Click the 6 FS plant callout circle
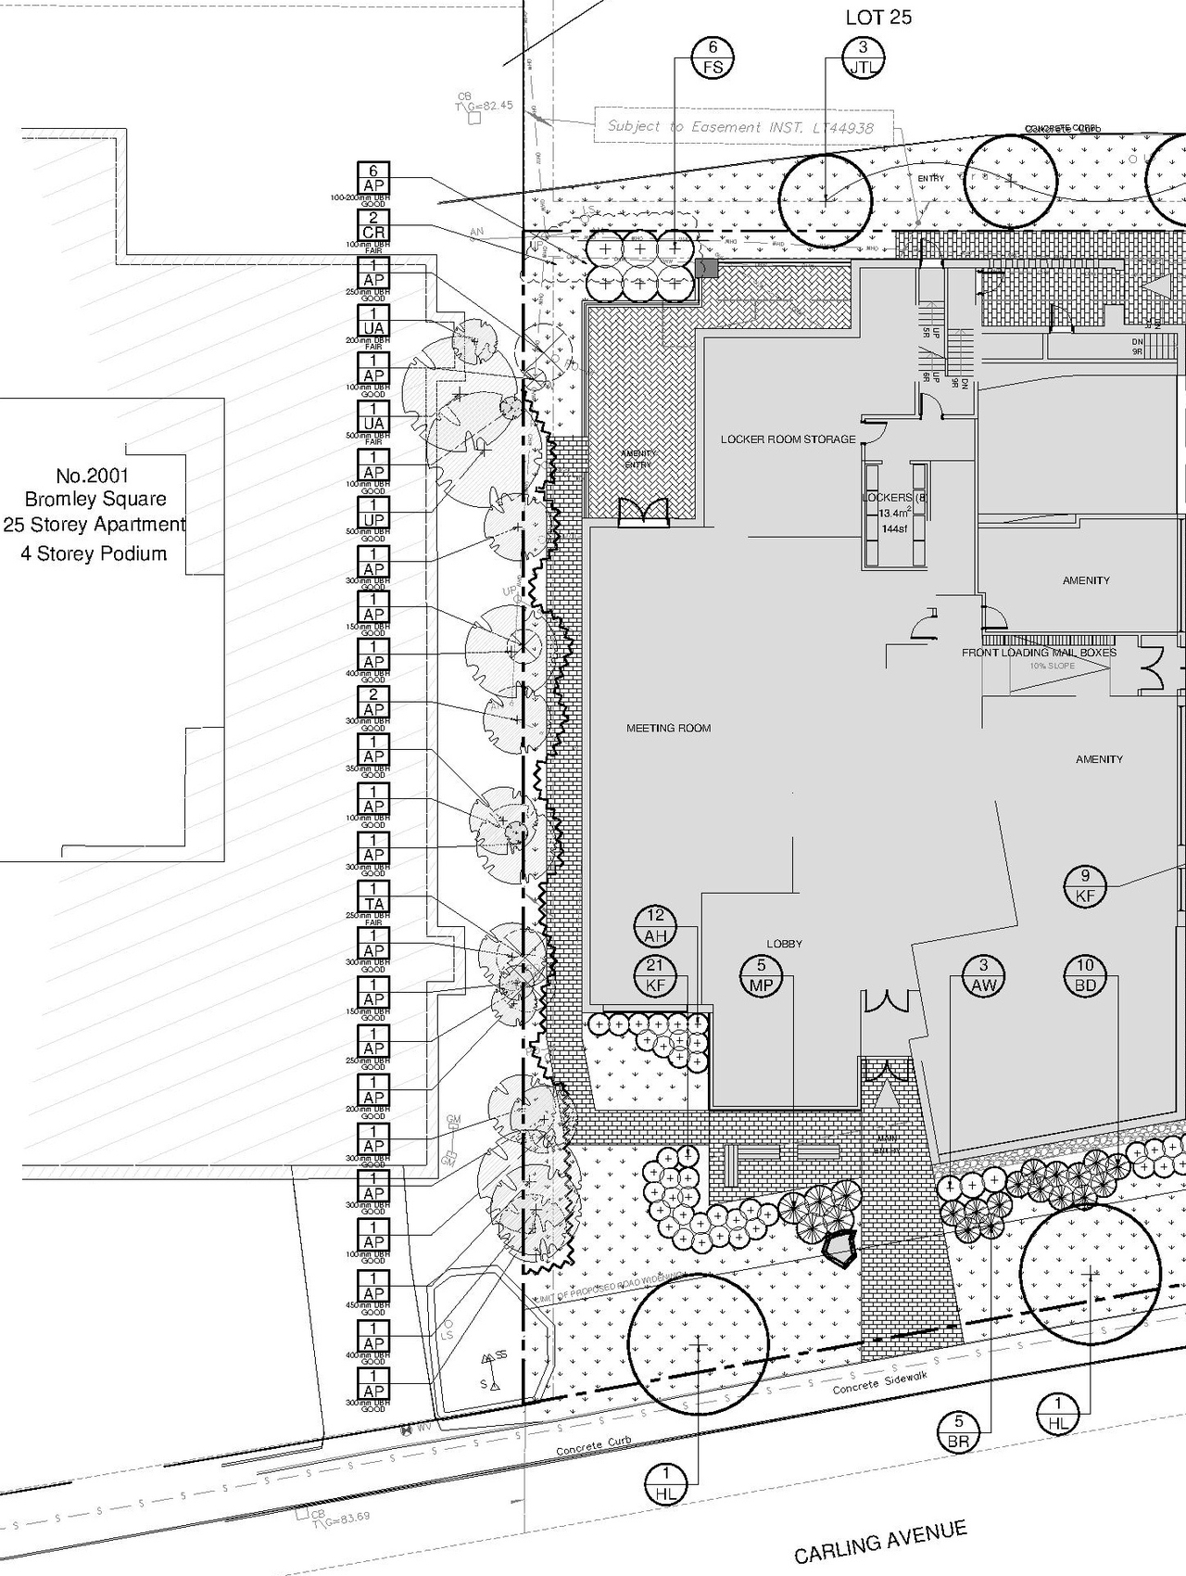point(713,57)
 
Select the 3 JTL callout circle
point(863,57)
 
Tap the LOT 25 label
point(878,18)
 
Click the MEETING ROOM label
point(668,729)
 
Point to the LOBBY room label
point(785,944)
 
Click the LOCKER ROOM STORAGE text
point(789,439)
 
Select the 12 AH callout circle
point(656,926)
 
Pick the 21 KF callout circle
point(656,976)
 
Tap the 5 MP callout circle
point(762,976)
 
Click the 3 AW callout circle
point(984,976)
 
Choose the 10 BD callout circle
point(1085,976)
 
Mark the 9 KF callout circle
point(1085,885)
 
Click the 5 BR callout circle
point(958,1431)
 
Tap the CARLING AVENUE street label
point(880,1542)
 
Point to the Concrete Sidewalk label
point(879,1383)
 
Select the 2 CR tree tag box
point(373,224)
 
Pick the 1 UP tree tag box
point(373,512)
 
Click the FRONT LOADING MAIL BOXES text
point(1039,653)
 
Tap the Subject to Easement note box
point(739,127)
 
